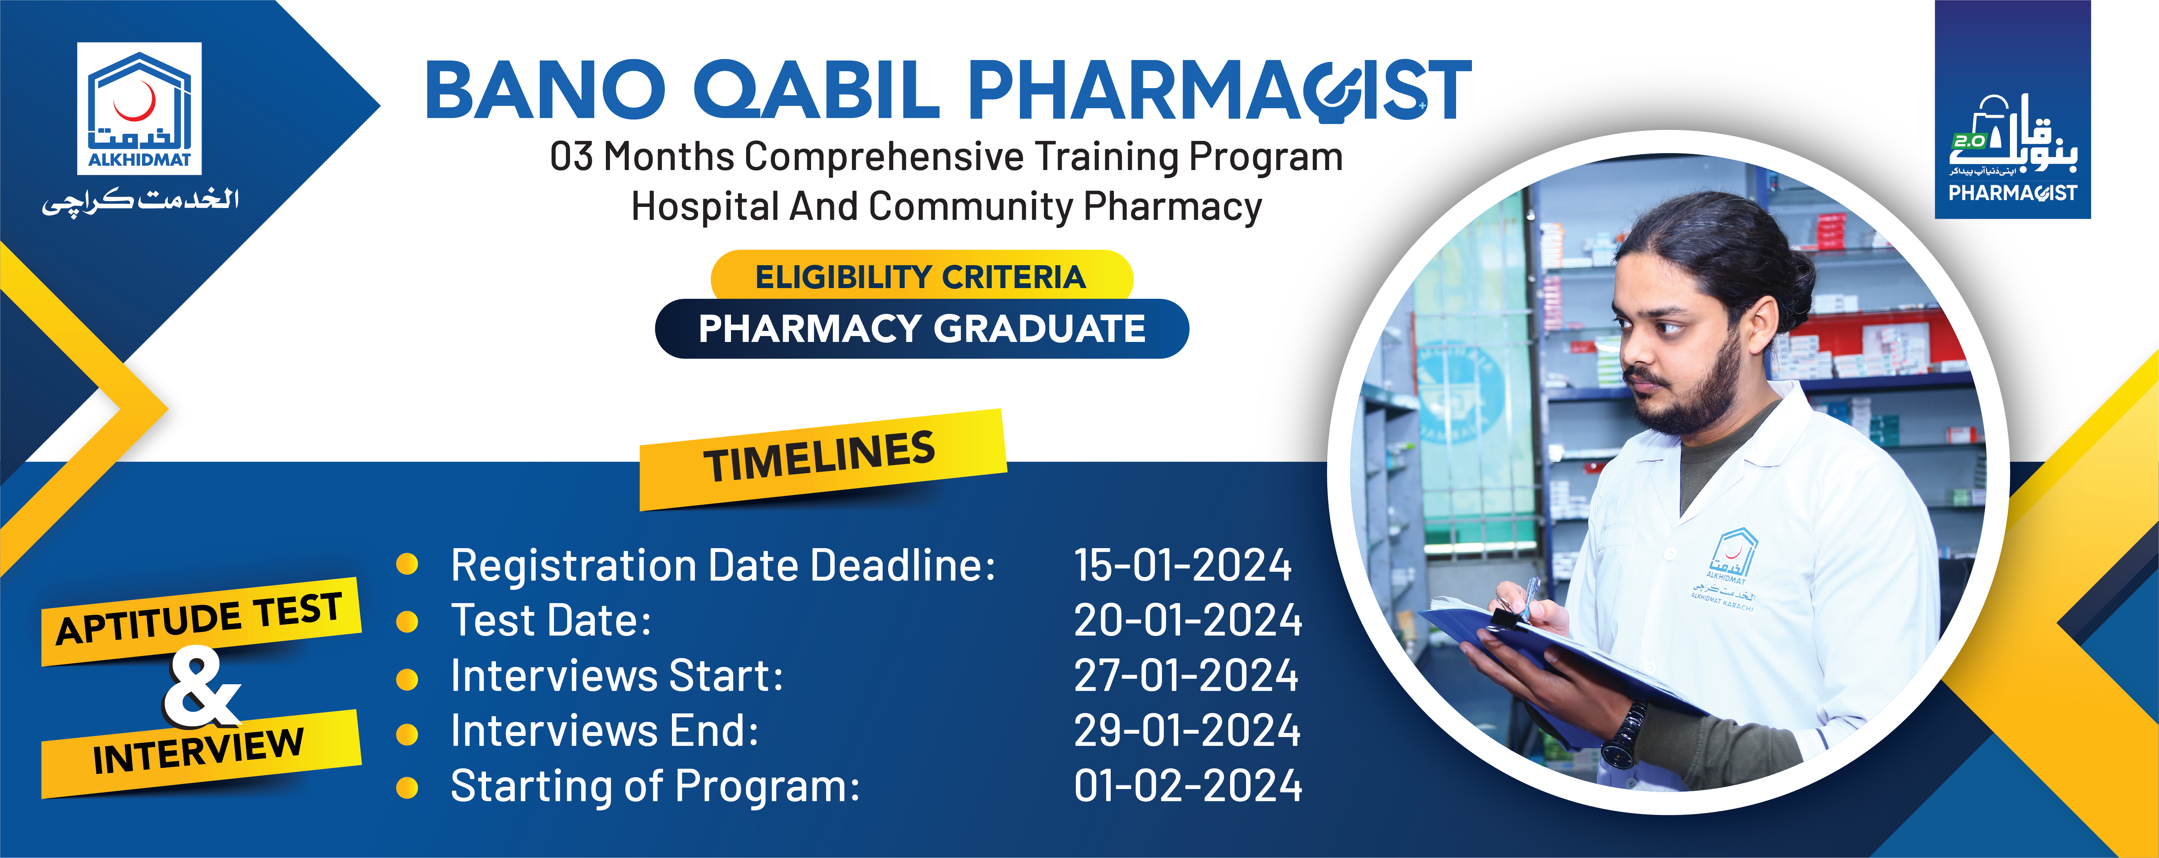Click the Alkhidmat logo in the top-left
(x=139, y=109)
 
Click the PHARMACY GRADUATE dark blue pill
(x=921, y=328)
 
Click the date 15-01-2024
(x=1183, y=565)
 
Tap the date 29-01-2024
(x=1187, y=731)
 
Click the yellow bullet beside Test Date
(x=407, y=622)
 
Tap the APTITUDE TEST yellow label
(x=200, y=620)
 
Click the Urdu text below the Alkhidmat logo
(x=141, y=201)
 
